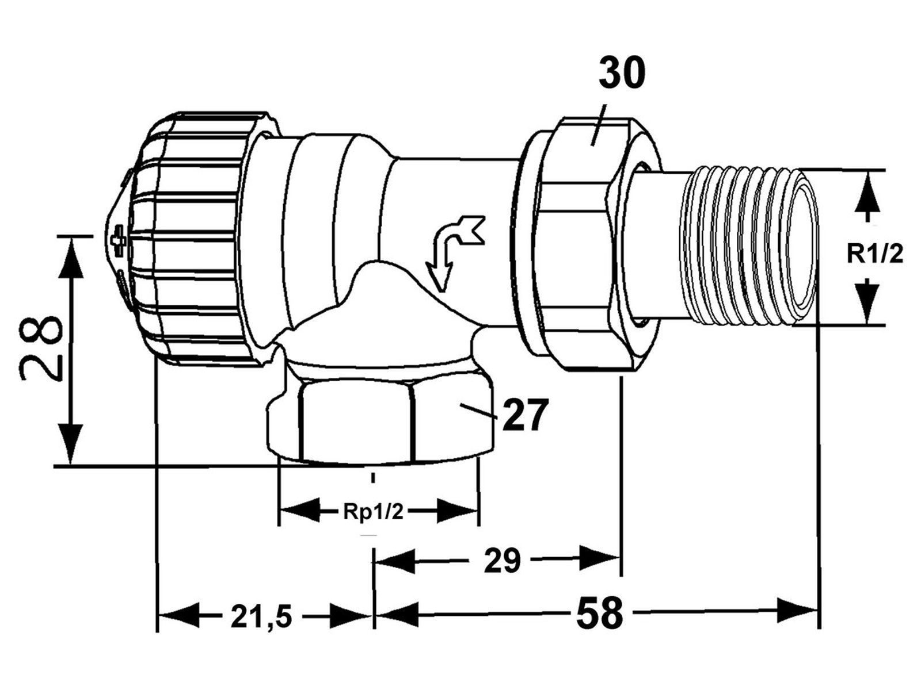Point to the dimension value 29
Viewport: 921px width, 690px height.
coord(502,561)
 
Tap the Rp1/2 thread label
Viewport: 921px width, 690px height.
coord(373,512)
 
